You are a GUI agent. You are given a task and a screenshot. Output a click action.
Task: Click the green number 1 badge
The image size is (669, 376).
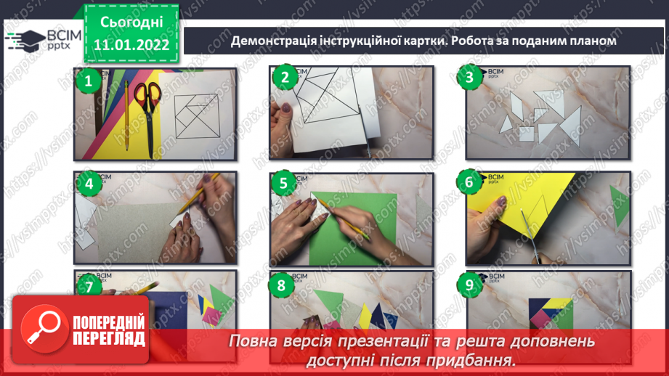pos(89,81)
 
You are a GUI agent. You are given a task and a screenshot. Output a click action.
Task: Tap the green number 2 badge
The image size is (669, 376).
pos(284,78)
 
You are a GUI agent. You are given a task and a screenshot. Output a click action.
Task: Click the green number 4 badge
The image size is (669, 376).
pos(89,184)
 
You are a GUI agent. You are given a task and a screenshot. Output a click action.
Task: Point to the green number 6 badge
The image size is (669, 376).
pos(469,182)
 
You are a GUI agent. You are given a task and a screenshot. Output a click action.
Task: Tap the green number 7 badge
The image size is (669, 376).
pos(89,287)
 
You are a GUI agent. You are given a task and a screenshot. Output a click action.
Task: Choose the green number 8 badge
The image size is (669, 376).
pos(282,286)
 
